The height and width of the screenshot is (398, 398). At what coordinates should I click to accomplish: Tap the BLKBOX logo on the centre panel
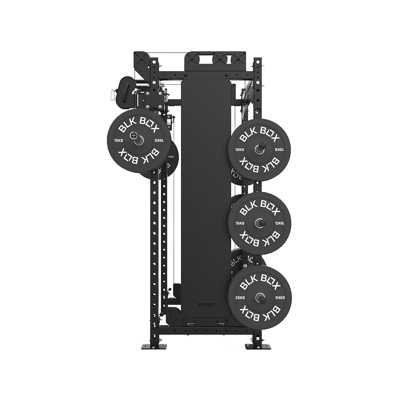pos(206,305)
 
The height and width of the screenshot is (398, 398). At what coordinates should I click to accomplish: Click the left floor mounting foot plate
pos(154,346)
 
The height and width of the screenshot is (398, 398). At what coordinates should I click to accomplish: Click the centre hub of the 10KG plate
pos(260,149)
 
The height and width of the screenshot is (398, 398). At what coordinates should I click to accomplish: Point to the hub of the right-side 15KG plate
pos(260,223)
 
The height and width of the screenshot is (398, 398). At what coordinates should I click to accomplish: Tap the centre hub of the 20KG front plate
pos(260,298)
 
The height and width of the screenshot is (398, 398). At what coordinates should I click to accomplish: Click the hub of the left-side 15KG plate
pos(138,140)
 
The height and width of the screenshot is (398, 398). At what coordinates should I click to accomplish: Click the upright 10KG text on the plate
pos(239,149)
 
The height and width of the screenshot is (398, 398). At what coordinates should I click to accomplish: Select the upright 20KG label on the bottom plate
pos(239,298)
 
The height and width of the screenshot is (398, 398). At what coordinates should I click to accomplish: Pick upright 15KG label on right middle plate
pos(239,223)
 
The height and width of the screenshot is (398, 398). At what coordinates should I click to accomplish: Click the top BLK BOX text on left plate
pos(139,123)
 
